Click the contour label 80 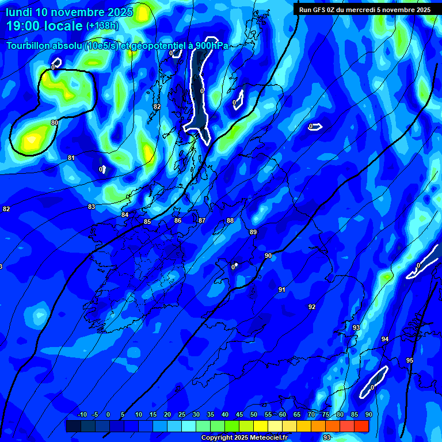pos(54,123)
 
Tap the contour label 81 pos(71,158)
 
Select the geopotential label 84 pos(125,215)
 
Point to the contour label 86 pos(178,220)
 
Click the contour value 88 pos(230,220)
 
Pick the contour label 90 pos(268,256)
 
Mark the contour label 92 pos(312,307)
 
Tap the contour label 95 pos(410,360)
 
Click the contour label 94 pos(385,339)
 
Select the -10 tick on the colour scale pos(82,415)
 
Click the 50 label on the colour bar pos(254,415)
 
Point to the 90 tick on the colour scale pos(368,415)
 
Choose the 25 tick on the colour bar pos(182,415)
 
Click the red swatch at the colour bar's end pos(361,426)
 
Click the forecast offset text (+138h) pos(102,25)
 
